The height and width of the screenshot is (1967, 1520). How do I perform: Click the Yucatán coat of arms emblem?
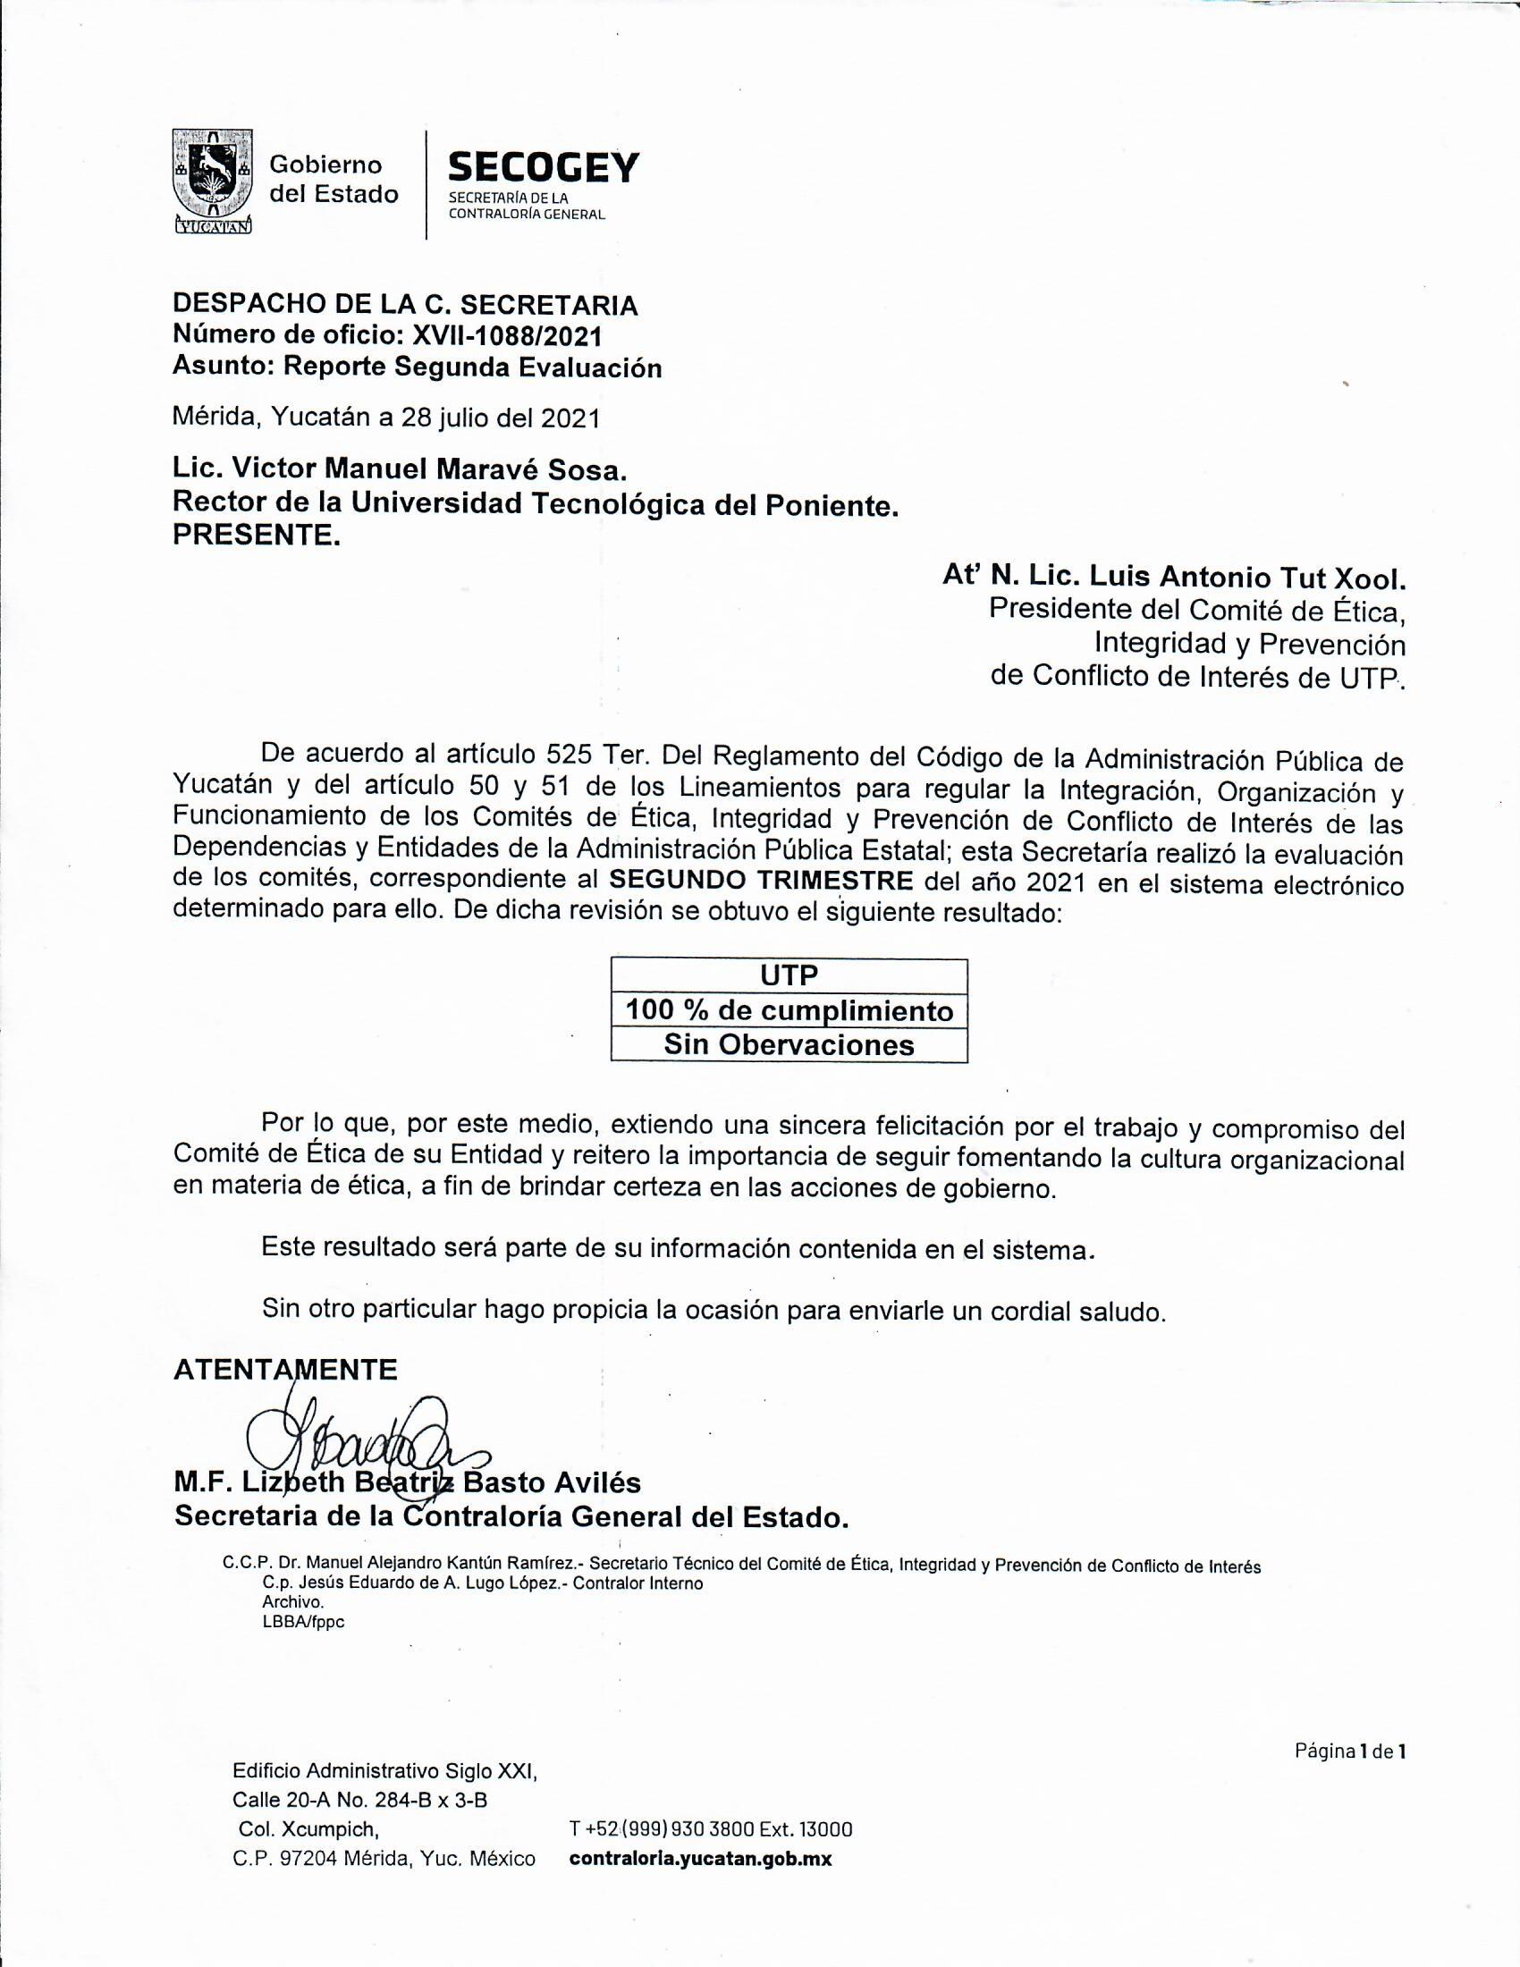(211, 181)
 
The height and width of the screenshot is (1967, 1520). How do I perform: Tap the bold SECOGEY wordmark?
(543, 167)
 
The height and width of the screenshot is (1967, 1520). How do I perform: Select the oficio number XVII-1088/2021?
(506, 336)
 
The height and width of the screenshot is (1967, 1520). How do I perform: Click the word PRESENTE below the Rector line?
(257, 536)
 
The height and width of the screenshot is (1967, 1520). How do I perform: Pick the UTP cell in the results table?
(789, 975)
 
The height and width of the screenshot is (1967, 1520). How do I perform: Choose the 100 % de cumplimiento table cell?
(789, 1010)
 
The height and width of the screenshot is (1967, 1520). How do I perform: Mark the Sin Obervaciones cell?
(789, 1044)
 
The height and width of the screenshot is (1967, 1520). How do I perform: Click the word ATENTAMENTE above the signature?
(284, 1369)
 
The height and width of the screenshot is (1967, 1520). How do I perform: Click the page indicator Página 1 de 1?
(1350, 1752)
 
